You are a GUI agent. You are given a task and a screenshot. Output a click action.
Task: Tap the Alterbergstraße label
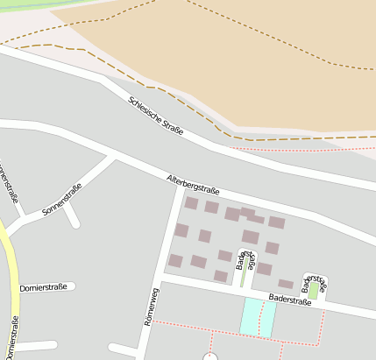click(193, 185)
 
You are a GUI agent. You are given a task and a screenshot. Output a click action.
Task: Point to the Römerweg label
click(151, 307)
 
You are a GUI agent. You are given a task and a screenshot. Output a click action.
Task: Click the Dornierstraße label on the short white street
click(44, 287)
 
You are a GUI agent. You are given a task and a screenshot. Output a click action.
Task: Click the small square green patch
click(314, 289)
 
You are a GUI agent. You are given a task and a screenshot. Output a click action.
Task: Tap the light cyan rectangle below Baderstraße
click(258, 316)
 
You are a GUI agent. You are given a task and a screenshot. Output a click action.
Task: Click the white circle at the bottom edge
click(210, 356)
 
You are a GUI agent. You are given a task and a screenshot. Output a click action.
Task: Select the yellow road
click(13, 280)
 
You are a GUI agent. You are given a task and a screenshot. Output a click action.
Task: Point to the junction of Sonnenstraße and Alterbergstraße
click(112, 159)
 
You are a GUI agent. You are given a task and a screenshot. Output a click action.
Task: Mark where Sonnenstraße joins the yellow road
click(7, 231)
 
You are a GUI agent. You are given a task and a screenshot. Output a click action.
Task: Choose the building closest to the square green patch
click(286, 284)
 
